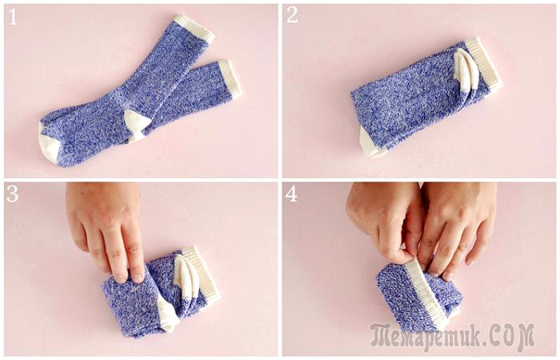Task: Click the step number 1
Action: [x=13, y=17]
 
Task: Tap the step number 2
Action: [x=292, y=16]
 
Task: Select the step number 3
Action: [x=13, y=194]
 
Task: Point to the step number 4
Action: [x=291, y=194]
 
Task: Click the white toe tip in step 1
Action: [x=50, y=145]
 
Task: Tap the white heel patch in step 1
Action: [x=137, y=125]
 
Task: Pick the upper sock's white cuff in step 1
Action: [x=194, y=29]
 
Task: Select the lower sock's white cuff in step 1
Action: [x=230, y=79]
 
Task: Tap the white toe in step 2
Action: [x=371, y=144]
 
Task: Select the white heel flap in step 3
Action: [x=186, y=277]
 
